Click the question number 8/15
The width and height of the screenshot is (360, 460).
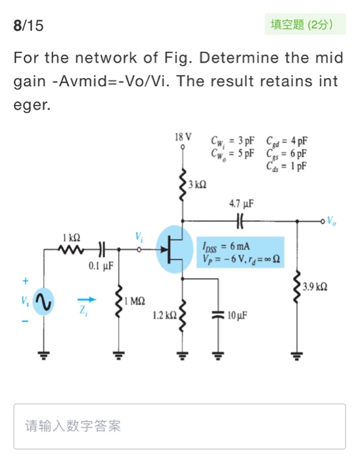[x=28, y=26]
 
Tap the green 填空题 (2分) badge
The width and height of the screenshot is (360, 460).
[x=307, y=26]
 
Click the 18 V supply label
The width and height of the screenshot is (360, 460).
[x=184, y=138]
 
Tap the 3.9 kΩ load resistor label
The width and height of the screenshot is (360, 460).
[x=314, y=287]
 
